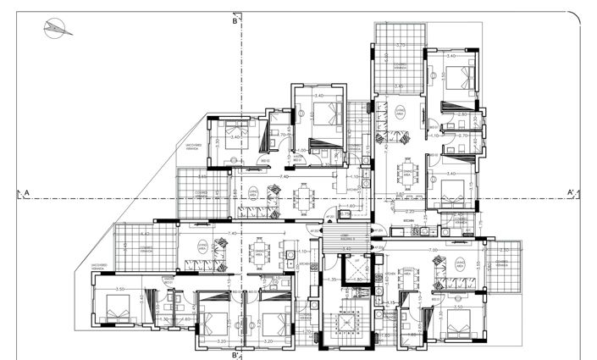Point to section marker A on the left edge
[x=27, y=194]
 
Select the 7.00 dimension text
[x=433, y=250]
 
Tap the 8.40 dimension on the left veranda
[x=145, y=234]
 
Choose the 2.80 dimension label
[x=462, y=114]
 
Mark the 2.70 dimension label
[x=462, y=136]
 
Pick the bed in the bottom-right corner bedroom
[x=461, y=321]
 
